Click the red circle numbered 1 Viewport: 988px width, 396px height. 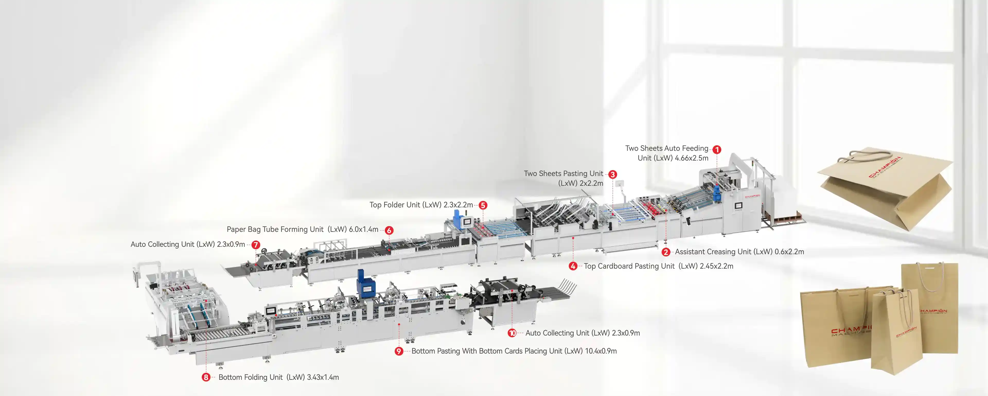tap(717, 150)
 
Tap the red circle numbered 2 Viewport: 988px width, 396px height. tap(666, 252)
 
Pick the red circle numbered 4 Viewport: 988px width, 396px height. tap(573, 266)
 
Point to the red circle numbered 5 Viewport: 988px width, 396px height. tap(483, 205)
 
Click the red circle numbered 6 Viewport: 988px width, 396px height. tap(389, 230)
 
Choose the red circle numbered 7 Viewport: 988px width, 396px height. tap(256, 245)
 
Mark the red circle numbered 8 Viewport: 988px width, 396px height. tap(206, 377)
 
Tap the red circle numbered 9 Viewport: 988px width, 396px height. tap(399, 351)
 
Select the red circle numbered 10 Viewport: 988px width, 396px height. tap(512, 333)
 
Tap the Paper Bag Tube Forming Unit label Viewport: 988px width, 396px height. tap(275, 230)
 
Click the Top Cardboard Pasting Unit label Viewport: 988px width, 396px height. tap(629, 266)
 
